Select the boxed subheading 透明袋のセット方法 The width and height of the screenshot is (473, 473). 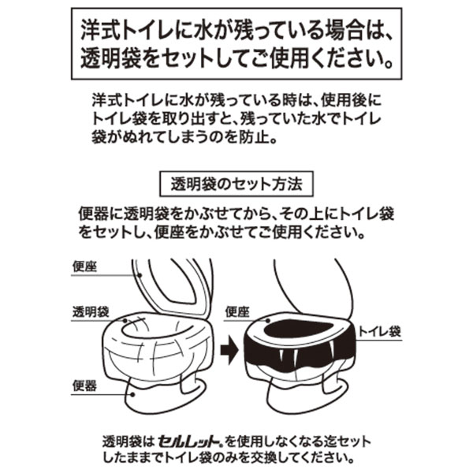pos(236,184)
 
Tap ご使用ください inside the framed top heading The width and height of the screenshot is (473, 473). pos(334,60)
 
